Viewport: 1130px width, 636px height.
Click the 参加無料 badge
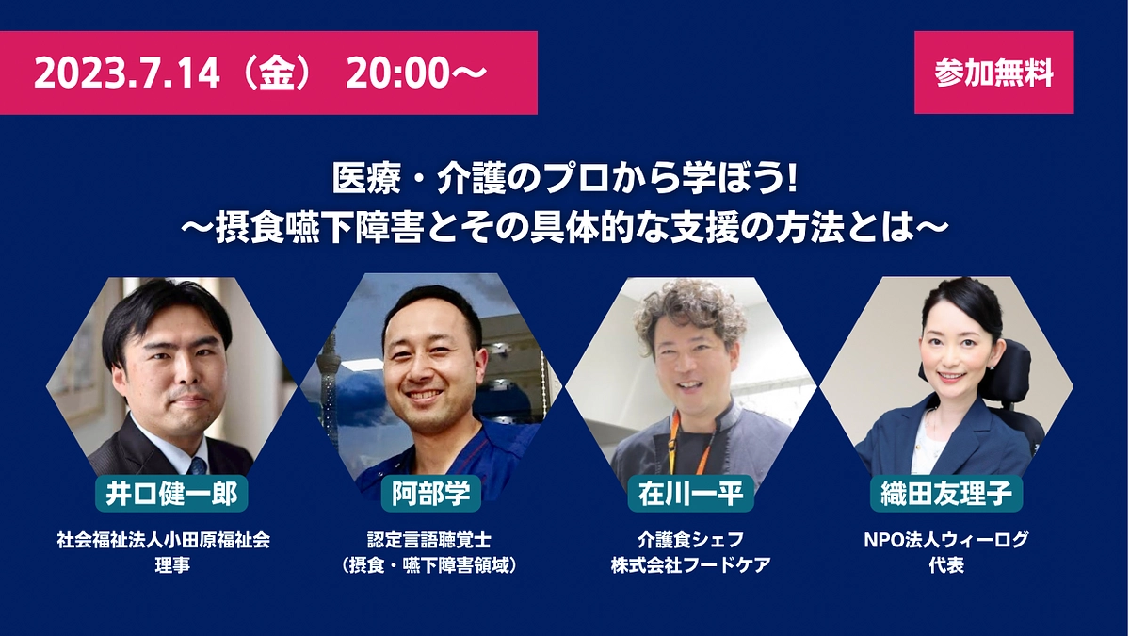pyautogui.click(x=993, y=73)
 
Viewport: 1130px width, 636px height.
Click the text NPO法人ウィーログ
pyautogui.click(x=945, y=541)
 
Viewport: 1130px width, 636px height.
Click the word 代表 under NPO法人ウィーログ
pyautogui.click(x=945, y=566)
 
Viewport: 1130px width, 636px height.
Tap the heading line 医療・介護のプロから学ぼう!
pyautogui.click(x=565, y=179)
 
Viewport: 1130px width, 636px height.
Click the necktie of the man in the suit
pyautogui.click(x=197, y=465)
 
